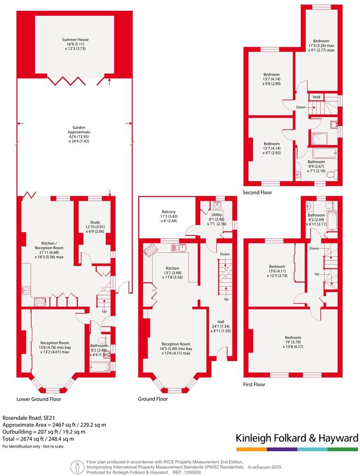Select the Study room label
click(x=95, y=227)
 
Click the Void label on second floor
click(x=316, y=97)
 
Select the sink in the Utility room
click(x=217, y=205)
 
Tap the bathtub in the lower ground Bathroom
click(x=99, y=366)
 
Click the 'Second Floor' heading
click(x=257, y=193)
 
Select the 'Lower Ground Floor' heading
click(x=39, y=399)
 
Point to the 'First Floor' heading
click(x=254, y=384)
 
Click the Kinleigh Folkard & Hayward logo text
click(x=297, y=438)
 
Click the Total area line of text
click(x=38, y=439)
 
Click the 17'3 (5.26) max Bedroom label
click(x=321, y=45)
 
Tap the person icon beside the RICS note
click(x=77, y=467)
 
